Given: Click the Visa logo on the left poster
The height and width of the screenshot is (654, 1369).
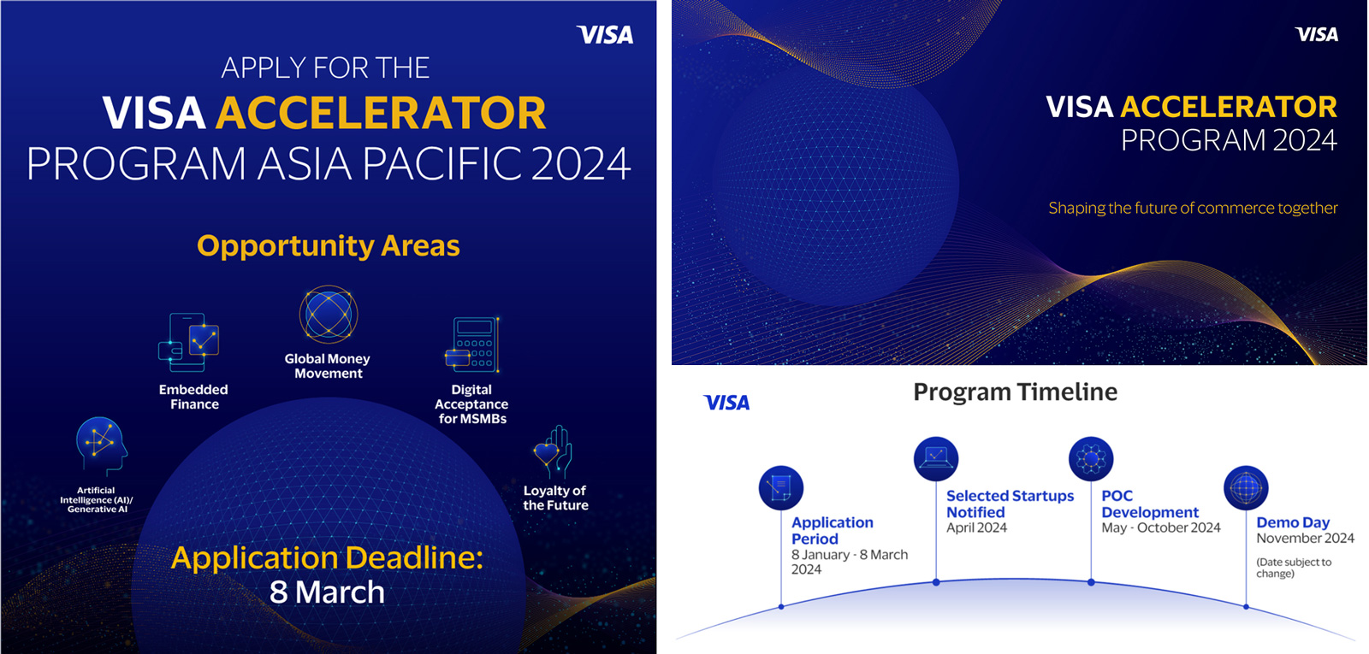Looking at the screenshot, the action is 605,35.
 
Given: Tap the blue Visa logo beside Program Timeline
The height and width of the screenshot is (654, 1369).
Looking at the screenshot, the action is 726,403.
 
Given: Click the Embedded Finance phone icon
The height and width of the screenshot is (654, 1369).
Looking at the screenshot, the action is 188,343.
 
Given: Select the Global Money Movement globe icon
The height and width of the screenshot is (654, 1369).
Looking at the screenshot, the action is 329,315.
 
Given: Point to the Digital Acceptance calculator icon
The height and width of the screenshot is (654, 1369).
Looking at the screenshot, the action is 472,345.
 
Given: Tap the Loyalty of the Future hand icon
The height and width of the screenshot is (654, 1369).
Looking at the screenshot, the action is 553,452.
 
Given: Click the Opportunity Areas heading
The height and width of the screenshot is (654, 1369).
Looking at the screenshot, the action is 329,246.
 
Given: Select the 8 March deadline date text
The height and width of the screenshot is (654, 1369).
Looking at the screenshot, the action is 327,592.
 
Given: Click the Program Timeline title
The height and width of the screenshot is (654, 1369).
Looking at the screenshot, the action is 1015,392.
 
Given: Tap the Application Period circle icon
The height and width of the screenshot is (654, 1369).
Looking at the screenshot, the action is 781,487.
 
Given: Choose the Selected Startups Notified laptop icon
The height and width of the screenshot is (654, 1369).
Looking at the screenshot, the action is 936,458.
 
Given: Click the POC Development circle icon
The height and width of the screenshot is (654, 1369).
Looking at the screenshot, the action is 1091,458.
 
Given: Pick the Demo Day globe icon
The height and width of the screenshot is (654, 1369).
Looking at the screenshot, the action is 1246,487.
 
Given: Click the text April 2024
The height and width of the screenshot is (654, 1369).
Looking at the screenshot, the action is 976,527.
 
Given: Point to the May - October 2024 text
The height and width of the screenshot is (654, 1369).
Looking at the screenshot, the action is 1160,527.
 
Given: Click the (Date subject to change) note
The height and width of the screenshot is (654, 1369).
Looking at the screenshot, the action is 1294,568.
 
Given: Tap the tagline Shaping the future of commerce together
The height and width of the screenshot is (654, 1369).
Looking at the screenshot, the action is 1193,209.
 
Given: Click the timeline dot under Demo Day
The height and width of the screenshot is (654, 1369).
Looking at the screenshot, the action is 1246,606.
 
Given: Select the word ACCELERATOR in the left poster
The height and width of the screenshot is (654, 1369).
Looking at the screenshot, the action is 381,113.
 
